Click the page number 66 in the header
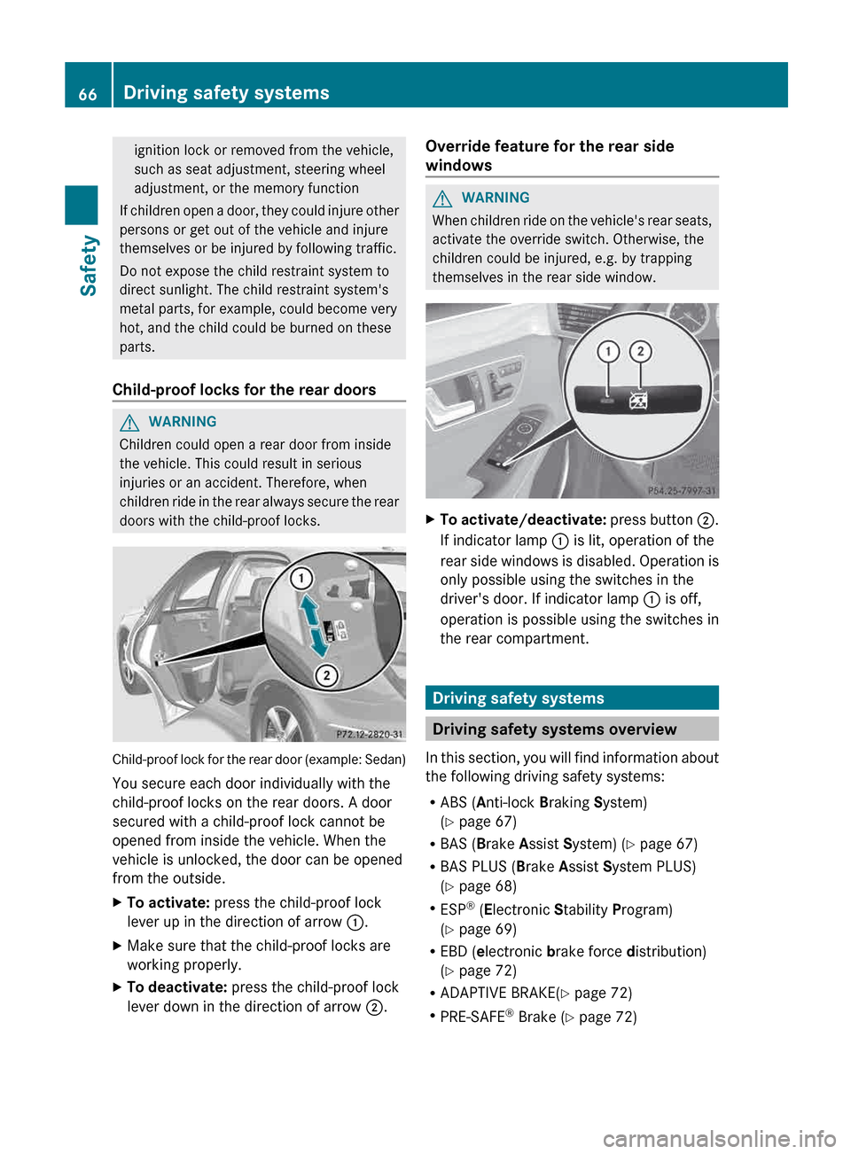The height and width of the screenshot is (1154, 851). pos(88,94)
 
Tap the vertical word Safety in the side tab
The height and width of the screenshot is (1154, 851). pos(88,265)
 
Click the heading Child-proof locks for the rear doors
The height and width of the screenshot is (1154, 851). pos(244,390)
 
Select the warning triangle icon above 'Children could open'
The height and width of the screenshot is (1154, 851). pos(129,423)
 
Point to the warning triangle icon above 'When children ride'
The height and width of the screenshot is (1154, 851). pos(442,199)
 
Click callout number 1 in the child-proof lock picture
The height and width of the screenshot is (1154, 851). pos(301,579)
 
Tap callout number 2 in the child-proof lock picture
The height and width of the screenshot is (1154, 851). pos(326,675)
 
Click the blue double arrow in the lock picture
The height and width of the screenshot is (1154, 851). pos(313,626)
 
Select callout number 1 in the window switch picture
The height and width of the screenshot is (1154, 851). pos(608,352)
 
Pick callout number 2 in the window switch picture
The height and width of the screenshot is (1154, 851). pos(640,352)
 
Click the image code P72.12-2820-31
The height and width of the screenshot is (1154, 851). pos(369,734)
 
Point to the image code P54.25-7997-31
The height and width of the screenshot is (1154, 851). pos(682,490)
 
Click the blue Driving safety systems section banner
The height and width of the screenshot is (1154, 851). pos(572,698)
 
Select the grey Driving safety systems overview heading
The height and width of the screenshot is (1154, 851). pos(572,729)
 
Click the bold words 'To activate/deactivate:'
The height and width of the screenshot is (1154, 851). pos(523,520)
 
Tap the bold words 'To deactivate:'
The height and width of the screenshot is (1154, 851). pos(177,987)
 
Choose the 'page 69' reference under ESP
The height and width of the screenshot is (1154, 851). pos(487,930)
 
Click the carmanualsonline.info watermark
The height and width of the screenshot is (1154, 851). pos(719,1138)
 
